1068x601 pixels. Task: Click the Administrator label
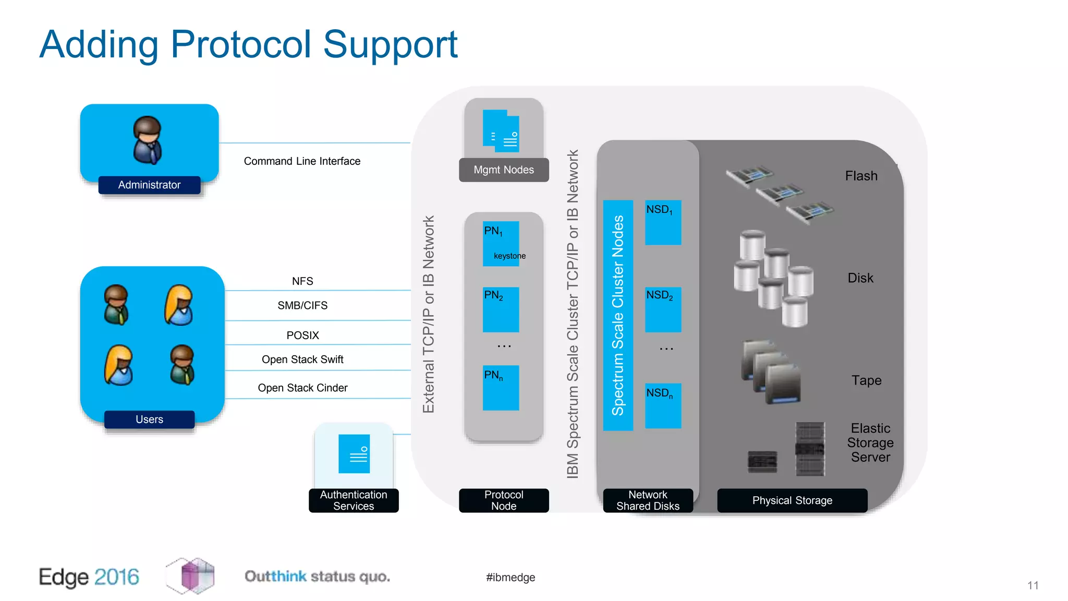149,185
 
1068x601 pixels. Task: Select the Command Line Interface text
302,161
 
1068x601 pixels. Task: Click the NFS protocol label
302,281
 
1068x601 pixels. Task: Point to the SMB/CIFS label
302,305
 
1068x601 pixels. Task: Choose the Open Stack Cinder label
302,388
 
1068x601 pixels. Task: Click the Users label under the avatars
149,419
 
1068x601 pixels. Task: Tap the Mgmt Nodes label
504,170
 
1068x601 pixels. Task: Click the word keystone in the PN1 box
509,256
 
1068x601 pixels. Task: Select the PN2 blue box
501,310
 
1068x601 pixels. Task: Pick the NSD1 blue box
663,223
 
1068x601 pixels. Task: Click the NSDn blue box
663,406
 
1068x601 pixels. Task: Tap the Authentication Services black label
354,500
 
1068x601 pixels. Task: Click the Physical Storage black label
792,500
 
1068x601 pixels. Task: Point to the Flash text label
861,176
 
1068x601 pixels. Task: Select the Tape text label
866,380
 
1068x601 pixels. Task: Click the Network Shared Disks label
648,500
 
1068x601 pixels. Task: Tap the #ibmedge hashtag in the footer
511,577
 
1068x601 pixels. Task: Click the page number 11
1033,585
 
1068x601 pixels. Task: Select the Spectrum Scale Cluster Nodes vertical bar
618,315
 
